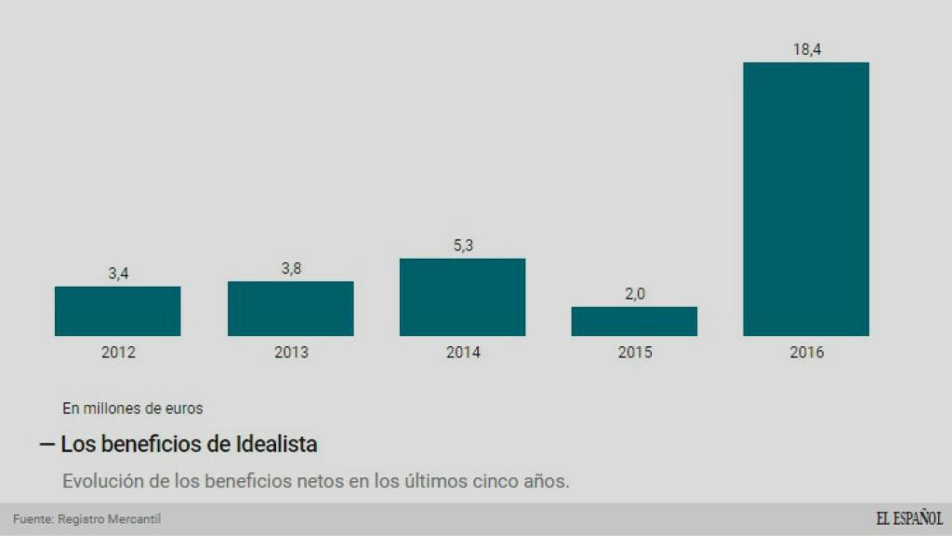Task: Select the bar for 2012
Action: coord(117,311)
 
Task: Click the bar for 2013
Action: coord(290,308)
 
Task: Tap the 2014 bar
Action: coord(462,297)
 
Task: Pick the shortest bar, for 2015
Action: coord(634,321)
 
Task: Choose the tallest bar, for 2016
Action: coord(806,199)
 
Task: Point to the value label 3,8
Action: coord(291,269)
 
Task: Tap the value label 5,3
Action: coord(463,246)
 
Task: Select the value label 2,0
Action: coord(635,294)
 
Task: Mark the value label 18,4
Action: coord(806,49)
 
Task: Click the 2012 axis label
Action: coord(118,353)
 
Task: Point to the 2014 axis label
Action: coord(463,353)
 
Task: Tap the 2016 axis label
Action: coord(806,353)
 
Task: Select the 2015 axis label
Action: coord(635,353)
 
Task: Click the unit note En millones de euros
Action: coord(132,408)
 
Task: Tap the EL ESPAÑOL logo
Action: coord(908,518)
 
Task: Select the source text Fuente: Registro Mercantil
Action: coord(80,519)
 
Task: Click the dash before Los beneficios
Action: coord(46,445)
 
